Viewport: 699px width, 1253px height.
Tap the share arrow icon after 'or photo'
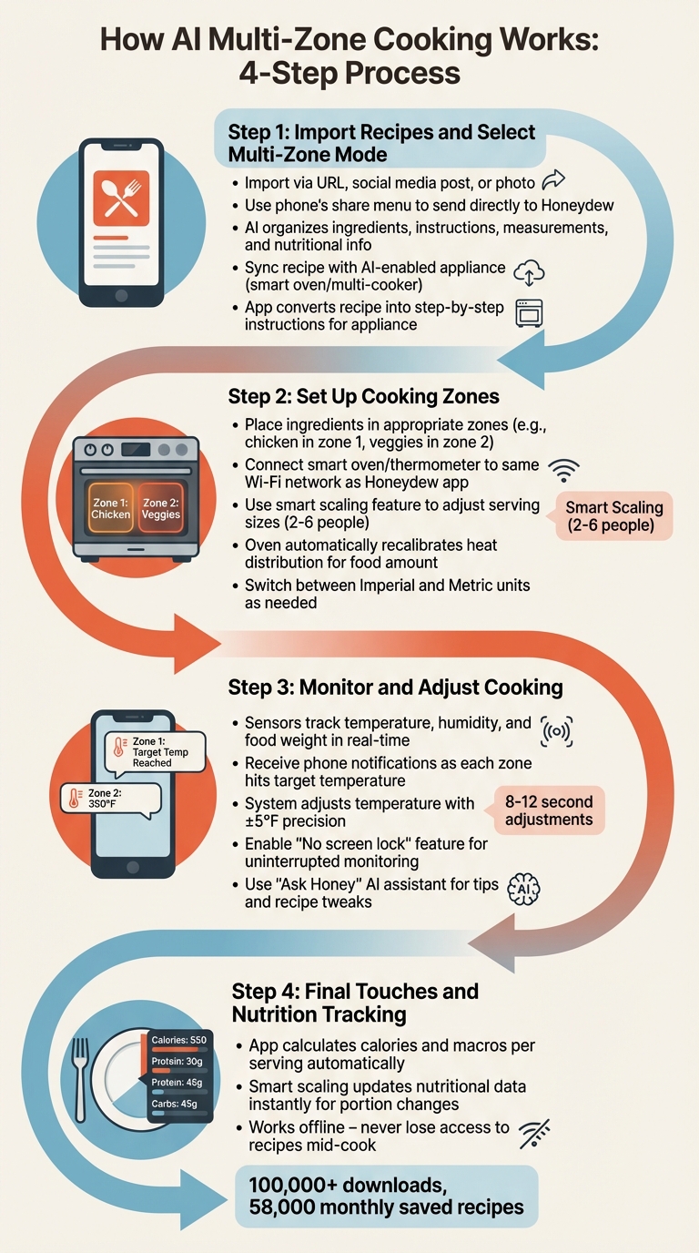553,180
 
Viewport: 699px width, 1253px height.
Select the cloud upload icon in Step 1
529,271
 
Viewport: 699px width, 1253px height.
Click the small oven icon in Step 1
529,313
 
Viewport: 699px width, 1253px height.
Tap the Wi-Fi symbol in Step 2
566,470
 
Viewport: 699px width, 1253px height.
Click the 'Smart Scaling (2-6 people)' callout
614,517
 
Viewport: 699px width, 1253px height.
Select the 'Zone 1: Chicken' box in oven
110,509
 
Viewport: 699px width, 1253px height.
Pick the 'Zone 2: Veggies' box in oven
161,509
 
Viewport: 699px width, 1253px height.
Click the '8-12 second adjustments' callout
548,810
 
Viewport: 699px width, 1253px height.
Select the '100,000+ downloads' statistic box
387,1196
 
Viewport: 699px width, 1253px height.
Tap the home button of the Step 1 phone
120,296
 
